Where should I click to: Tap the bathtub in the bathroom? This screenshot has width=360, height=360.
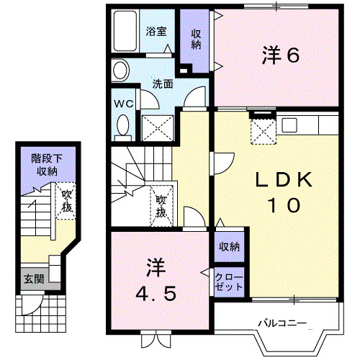point(124,32)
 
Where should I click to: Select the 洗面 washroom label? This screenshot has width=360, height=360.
point(162,84)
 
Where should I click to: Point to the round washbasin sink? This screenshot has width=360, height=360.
point(120,70)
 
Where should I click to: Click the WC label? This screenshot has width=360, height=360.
point(124,103)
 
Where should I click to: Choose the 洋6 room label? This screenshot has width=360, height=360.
point(279,55)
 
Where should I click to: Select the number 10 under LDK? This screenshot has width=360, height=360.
point(284,205)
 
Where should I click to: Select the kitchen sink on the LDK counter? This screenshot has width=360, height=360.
point(289,125)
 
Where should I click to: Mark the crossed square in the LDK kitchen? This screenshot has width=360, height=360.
point(261,130)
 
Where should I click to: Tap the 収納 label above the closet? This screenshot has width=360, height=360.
point(229,248)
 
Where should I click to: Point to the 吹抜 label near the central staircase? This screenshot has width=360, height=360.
point(162,206)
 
